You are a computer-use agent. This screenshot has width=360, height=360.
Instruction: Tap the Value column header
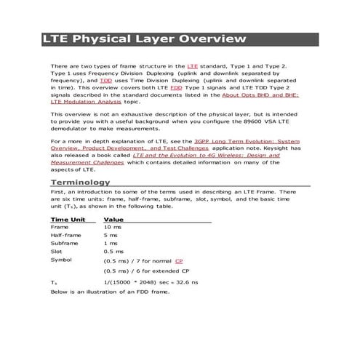(113, 219)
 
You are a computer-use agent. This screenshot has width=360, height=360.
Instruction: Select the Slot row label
(56, 251)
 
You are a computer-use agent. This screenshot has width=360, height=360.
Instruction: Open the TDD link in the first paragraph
(106, 80)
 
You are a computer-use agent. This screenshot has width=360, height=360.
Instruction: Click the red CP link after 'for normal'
(179, 260)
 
